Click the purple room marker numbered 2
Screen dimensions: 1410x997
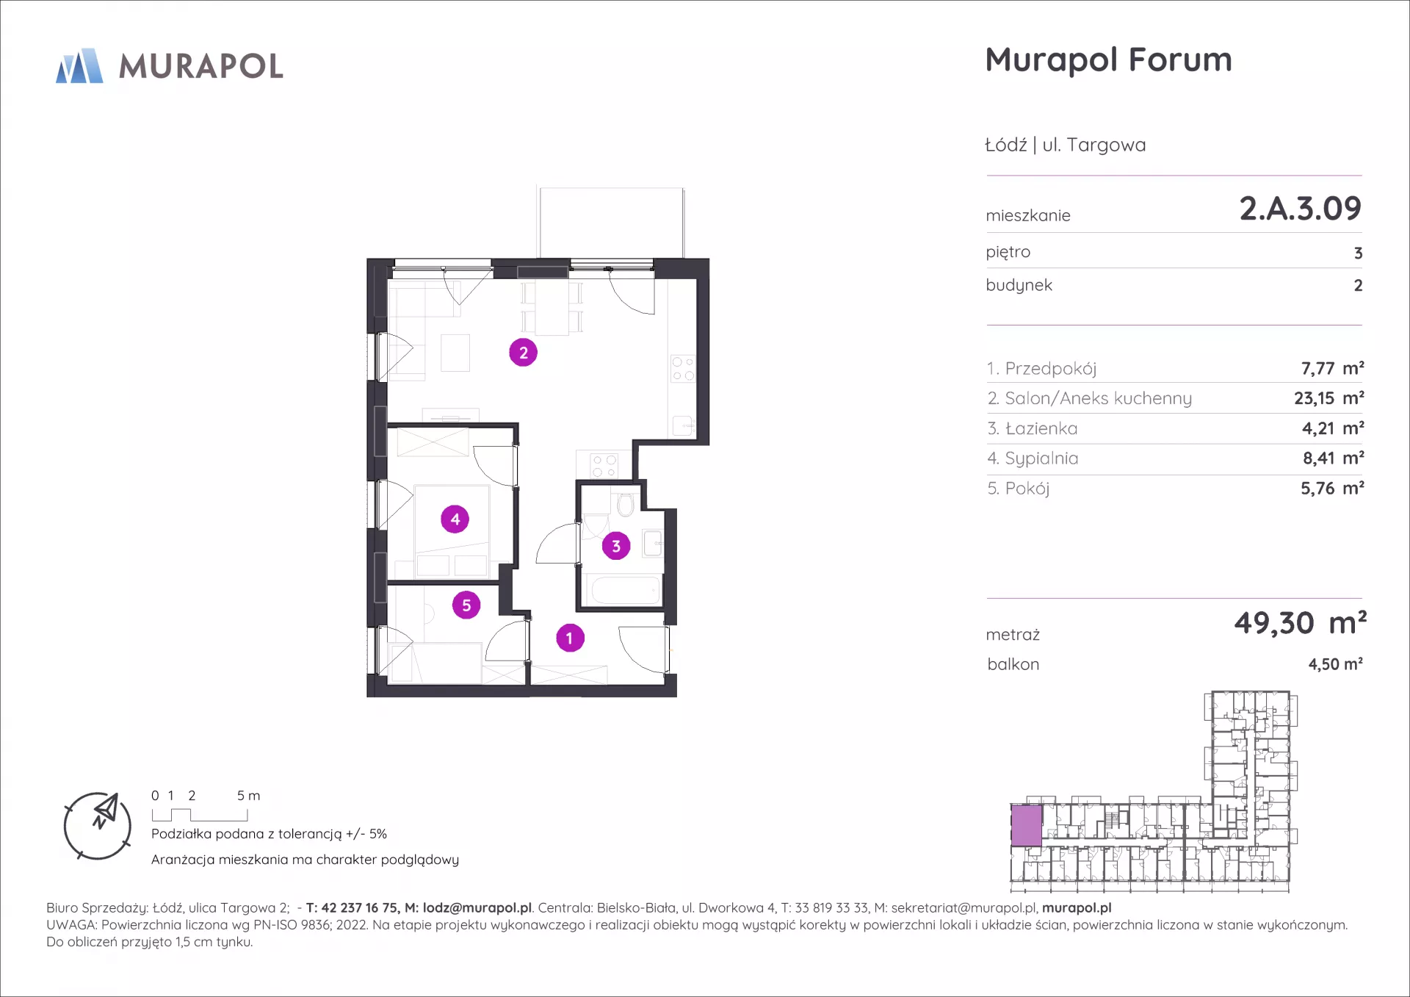tap(523, 353)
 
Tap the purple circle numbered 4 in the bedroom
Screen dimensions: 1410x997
tap(455, 519)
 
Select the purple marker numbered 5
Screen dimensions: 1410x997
tap(466, 605)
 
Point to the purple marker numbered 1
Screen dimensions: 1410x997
tap(570, 638)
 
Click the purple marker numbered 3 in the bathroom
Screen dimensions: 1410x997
tap(616, 546)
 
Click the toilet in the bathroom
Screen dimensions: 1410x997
tap(626, 505)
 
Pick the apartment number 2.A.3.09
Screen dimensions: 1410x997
tap(1300, 209)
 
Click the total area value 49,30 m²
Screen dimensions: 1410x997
tap(1300, 623)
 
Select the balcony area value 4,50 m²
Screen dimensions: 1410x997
tap(1335, 664)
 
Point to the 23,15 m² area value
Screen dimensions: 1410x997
tap(1328, 398)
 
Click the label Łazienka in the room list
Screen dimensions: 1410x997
tap(1041, 428)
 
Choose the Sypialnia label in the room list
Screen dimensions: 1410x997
tap(1041, 458)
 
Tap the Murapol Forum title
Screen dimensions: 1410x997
tap(1108, 60)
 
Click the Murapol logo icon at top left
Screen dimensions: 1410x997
tap(79, 65)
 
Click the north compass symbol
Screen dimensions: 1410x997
tap(98, 826)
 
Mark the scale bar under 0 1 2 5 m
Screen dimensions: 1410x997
tap(200, 815)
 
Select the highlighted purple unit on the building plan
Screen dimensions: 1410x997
tap(1027, 826)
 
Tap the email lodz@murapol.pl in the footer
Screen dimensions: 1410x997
tap(477, 908)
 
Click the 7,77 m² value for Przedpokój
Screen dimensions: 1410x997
tap(1332, 368)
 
